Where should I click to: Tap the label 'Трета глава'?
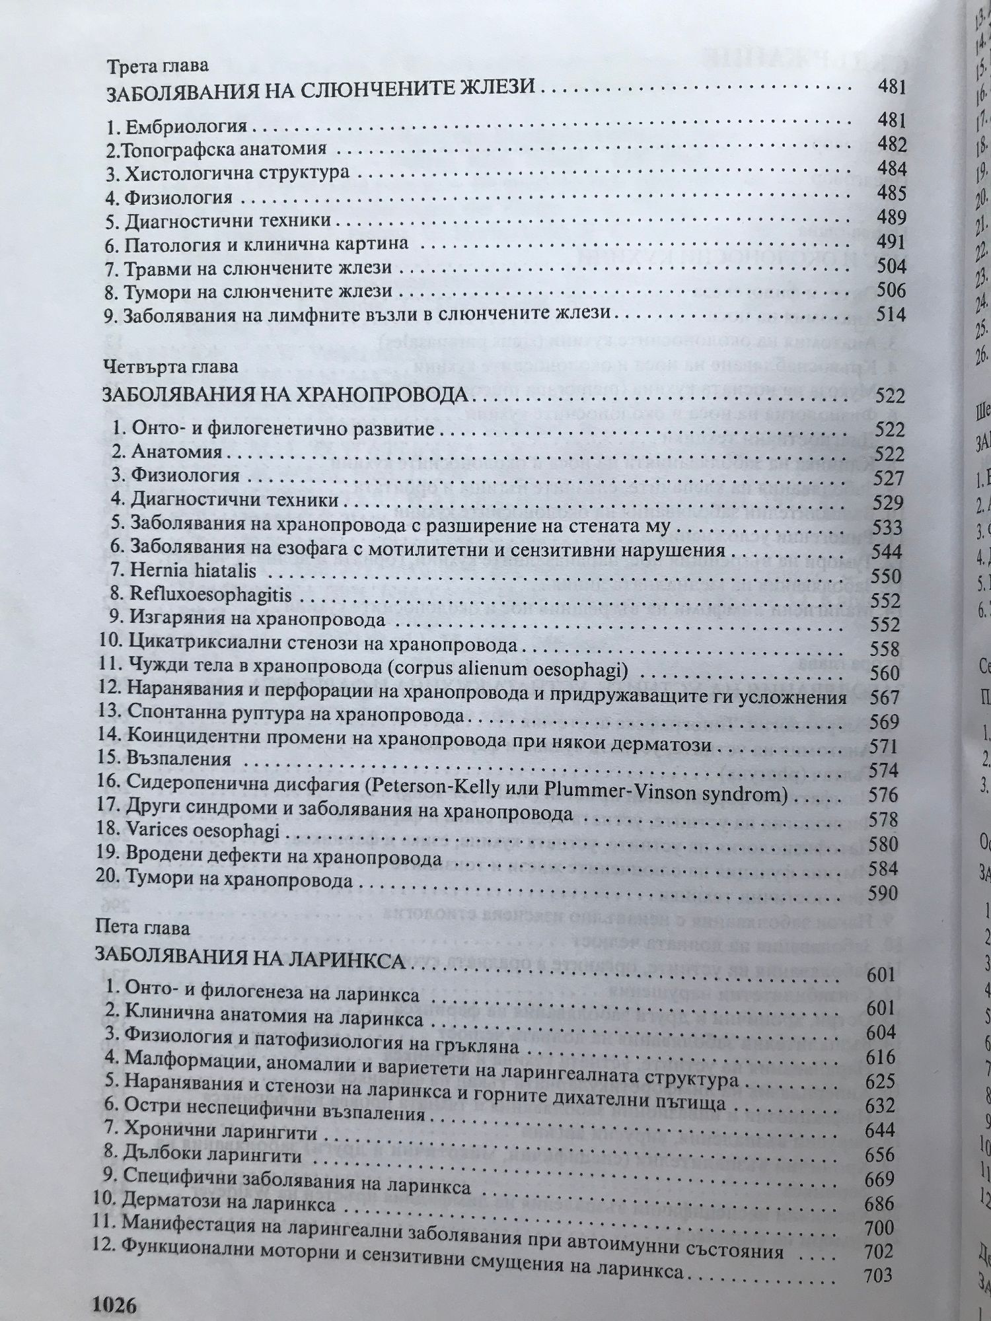[158, 66]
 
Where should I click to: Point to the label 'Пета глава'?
[142, 928]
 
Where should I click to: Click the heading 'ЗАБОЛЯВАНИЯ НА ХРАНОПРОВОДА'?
[285, 396]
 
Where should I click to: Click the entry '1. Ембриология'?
[176, 125]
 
